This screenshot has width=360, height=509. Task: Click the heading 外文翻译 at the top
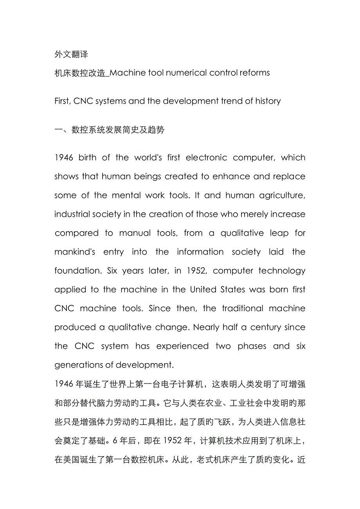pos(71,54)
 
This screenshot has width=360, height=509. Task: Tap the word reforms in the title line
pos(254,73)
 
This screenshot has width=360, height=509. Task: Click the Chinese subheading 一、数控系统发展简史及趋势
pos(109,129)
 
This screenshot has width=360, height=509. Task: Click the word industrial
pos(73,214)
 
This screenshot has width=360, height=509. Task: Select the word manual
pos(135,233)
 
